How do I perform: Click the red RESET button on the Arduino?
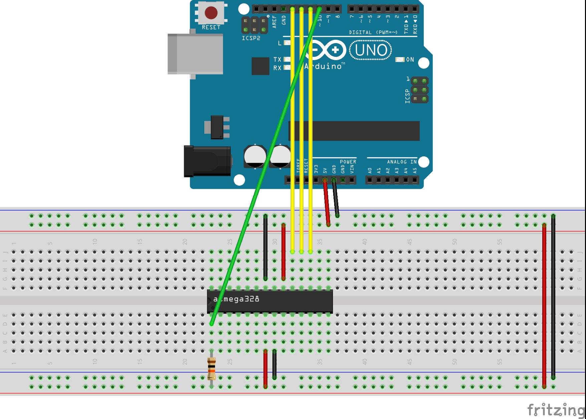coord(211,13)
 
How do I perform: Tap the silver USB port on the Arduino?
coord(195,54)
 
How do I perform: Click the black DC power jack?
coord(207,161)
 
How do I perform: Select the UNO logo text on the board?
coord(371,50)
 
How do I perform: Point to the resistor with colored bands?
coord(211,368)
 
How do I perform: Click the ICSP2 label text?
coord(251,38)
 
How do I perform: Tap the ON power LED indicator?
coord(400,59)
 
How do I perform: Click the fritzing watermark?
coord(556,409)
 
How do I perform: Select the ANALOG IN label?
coord(402,162)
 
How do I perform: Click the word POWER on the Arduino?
coord(348,162)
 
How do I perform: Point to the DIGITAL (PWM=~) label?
coord(373,32)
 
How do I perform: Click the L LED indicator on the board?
coord(287,43)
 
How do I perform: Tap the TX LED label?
coord(277,59)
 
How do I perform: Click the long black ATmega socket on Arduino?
coord(354,131)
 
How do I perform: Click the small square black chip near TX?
coord(260,66)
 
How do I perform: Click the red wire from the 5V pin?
coord(326,202)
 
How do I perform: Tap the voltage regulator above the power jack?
coord(217,127)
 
